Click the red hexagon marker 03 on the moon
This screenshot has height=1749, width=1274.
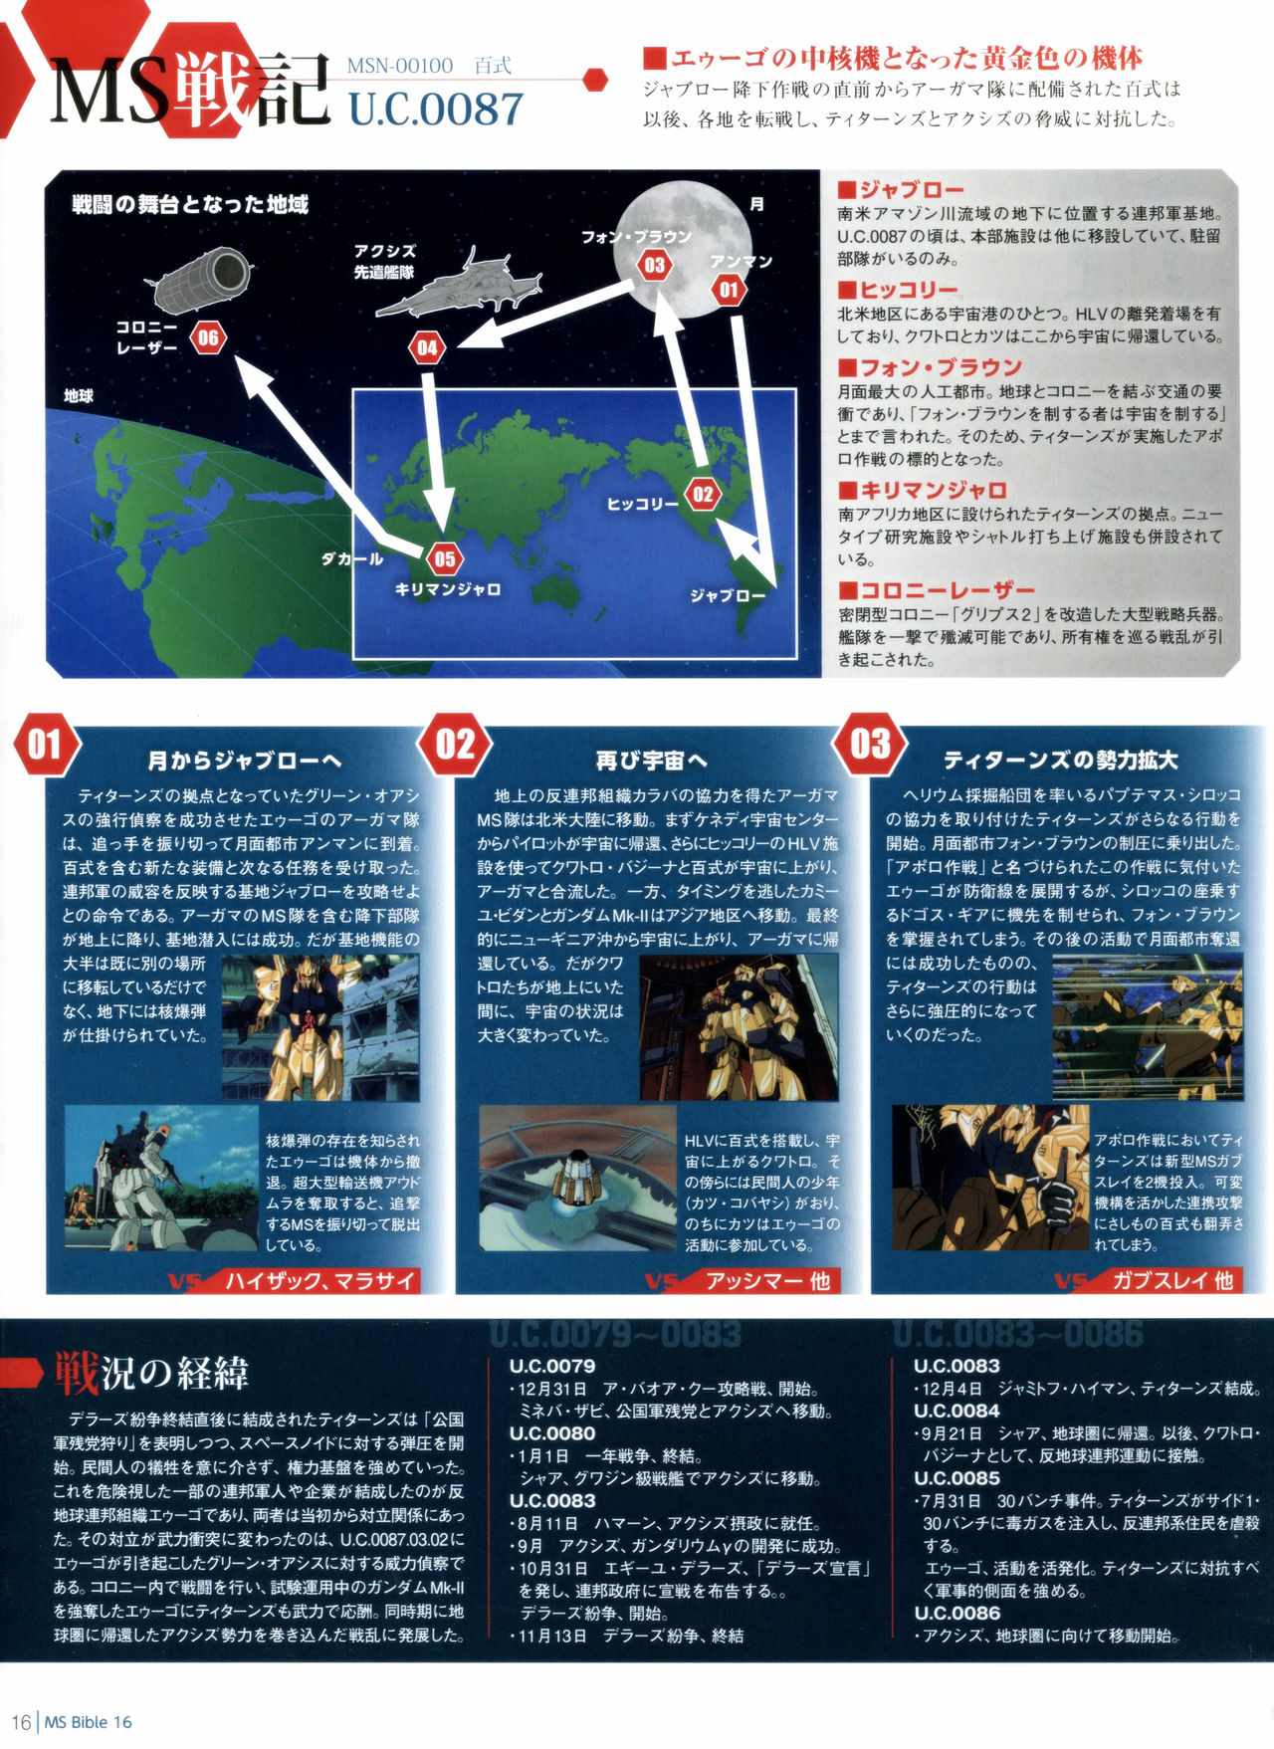[x=654, y=265]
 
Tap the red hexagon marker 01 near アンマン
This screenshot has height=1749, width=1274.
[x=729, y=291]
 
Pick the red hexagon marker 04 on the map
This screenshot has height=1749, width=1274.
[x=427, y=347]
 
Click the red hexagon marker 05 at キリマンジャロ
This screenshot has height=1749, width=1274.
[x=444, y=558]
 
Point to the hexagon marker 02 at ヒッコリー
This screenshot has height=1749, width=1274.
[x=703, y=495]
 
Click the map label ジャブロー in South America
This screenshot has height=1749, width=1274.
[x=729, y=595]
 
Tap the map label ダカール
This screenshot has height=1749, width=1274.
[x=351, y=558]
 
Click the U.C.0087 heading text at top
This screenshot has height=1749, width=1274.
[x=435, y=108]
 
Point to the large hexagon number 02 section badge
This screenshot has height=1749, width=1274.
[x=456, y=745]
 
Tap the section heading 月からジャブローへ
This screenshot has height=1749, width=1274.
[x=245, y=761]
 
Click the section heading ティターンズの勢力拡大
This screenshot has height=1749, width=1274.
[x=1061, y=761]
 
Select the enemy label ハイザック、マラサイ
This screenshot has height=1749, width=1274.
[x=318, y=1280]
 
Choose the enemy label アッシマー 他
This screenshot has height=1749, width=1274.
[x=767, y=1280]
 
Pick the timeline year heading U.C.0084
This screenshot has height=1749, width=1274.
[x=956, y=1411]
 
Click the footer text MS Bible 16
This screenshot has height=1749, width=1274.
[x=88, y=1721]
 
